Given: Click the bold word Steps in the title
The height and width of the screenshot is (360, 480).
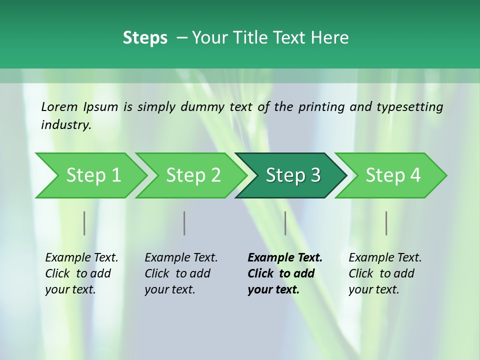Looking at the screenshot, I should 145,38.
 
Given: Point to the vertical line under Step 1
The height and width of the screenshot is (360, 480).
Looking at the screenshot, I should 84,223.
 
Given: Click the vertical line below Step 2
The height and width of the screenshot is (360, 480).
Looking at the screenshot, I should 184,223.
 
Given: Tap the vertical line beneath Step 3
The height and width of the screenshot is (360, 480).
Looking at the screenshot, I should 285,223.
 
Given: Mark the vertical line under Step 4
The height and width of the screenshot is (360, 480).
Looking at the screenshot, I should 386,223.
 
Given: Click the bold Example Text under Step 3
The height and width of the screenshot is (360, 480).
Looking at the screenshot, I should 285,273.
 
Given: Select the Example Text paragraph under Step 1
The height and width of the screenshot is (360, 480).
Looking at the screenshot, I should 81,273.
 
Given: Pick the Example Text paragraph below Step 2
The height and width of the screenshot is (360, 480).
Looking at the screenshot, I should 181,273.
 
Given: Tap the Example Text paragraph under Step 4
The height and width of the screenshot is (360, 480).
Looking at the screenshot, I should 385,273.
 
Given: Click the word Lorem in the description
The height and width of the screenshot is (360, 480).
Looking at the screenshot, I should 59,107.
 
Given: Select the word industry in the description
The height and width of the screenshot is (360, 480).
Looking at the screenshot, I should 65,125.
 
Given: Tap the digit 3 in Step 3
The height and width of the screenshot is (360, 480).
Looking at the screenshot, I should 315,175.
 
